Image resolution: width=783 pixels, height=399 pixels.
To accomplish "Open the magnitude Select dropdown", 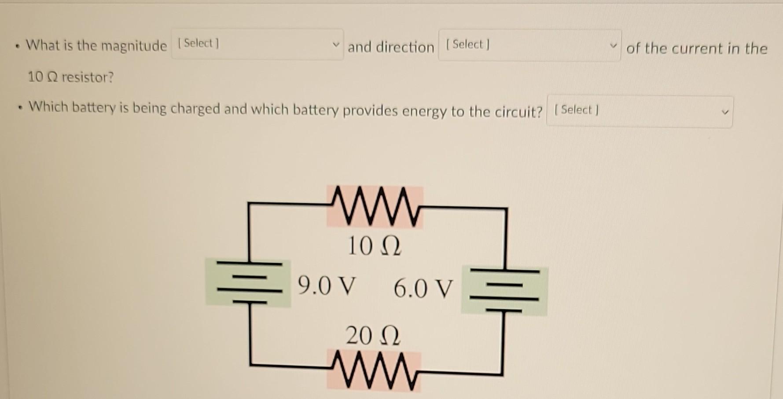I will [x=257, y=44].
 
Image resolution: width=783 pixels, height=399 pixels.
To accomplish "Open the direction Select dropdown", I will [x=529, y=45].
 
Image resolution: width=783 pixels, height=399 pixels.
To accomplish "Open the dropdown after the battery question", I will [x=639, y=112].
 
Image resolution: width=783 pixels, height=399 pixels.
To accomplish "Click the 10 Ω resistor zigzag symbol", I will [x=375, y=207].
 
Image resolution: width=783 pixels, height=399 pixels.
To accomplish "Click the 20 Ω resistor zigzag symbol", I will [x=374, y=370].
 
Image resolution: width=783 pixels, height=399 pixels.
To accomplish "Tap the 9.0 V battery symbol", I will [x=249, y=283].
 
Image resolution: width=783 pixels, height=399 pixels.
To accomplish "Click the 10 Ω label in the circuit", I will [x=374, y=246].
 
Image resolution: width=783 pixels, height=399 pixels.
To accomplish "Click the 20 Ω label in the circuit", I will [x=372, y=336].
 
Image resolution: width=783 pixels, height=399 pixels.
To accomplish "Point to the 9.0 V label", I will [x=326, y=286].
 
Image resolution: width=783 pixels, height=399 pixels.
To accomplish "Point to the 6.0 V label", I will [x=423, y=289].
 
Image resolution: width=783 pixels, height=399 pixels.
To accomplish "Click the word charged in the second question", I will [x=195, y=108].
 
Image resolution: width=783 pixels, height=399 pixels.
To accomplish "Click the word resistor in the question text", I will [x=88, y=77].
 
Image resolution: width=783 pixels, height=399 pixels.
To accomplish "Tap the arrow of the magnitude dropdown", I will [x=336, y=44].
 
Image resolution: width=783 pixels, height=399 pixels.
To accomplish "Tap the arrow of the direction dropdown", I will [x=612, y=46].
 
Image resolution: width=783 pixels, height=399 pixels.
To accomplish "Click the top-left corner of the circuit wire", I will [x=249, y=204].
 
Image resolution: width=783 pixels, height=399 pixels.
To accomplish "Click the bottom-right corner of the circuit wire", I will [x=502, y=374].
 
